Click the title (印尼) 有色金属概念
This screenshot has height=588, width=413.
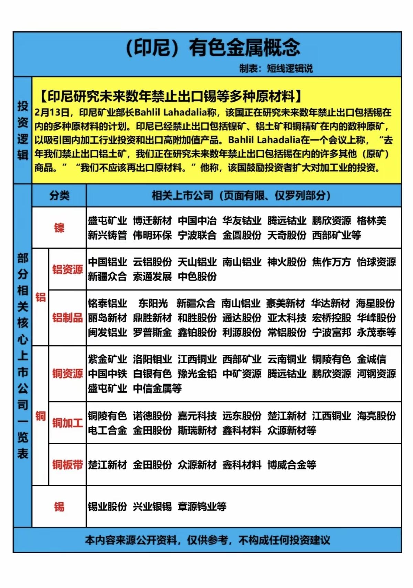click(213, 48)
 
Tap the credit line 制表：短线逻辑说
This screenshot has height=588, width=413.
click(276, 69)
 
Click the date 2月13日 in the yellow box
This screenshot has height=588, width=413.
click(52, 113)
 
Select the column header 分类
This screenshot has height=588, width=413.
click(59, 196)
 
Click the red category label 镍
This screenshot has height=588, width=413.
click(59, 228)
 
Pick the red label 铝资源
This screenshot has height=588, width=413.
click(67, 270)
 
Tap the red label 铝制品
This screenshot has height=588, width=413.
click(67, 318)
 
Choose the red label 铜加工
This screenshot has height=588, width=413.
click(67, 423)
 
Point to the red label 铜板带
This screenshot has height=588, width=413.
click(67, 465)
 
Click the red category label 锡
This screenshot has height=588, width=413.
click(59, 507)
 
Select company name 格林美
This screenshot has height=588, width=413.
click(371, 221)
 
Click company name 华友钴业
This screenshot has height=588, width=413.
click(242, 221)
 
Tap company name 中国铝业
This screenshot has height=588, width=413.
click(107, 262)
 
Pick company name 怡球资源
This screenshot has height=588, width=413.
click(376, 262)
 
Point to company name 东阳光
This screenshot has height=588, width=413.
click(153, 303)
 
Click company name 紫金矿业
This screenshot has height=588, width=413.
click(107, 359)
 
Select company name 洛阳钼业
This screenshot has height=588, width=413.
click(152, 359)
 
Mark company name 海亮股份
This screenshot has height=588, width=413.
click(376, 416)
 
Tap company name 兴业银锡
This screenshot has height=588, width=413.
click(152, 507)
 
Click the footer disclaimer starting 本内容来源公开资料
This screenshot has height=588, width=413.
click(207, 540)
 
